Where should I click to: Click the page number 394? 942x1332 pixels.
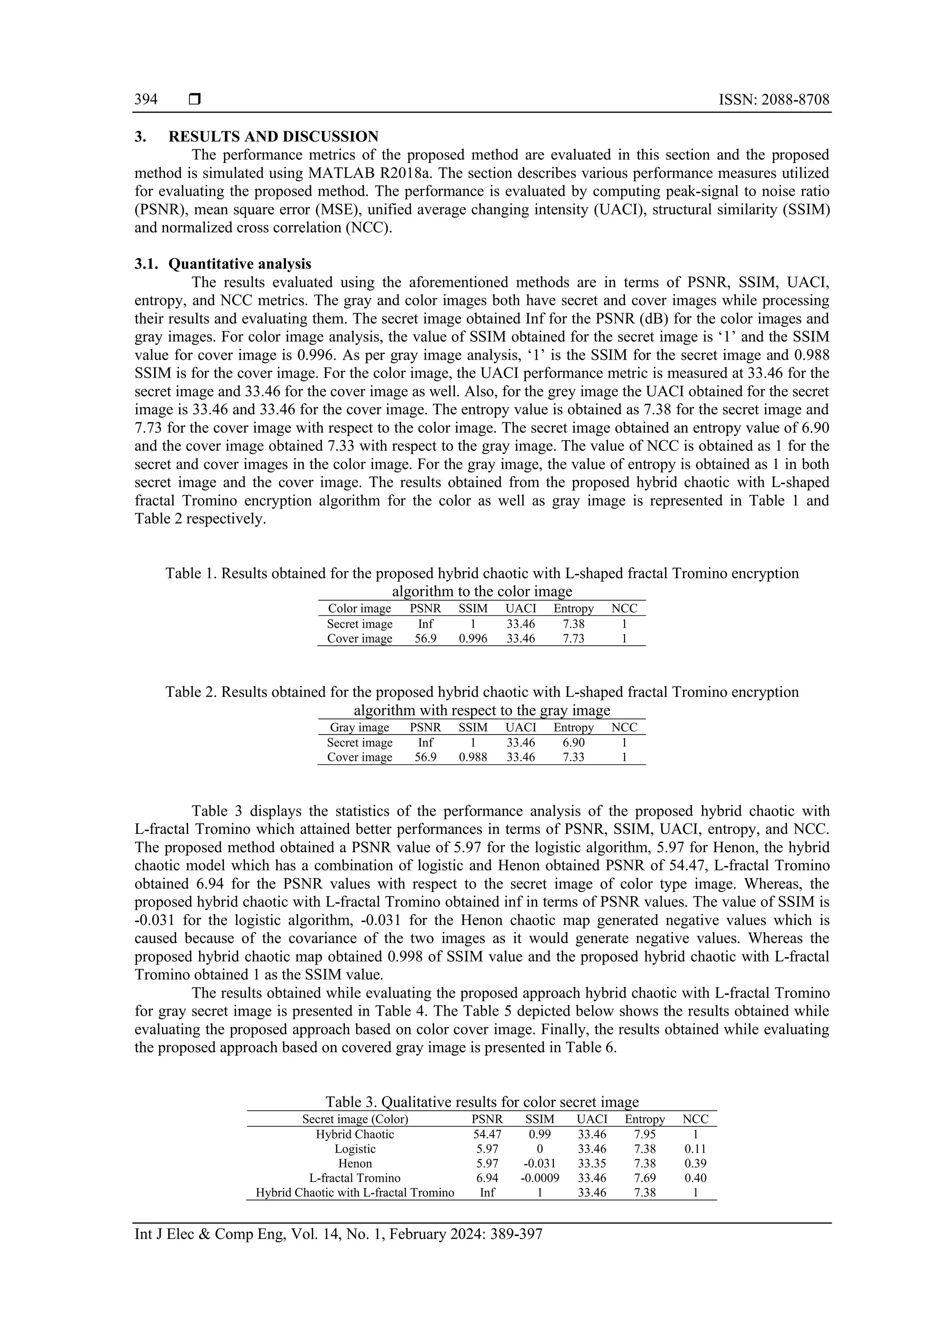[146, 99]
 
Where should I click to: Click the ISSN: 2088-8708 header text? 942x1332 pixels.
[774, 99]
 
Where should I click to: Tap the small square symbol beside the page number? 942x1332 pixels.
[195, 100]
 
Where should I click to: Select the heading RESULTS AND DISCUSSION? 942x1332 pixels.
[273, 137]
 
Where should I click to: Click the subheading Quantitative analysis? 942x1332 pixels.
[240, 264]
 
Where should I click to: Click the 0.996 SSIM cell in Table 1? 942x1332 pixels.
[473, 639]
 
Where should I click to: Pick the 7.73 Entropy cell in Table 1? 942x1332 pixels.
[573, 639]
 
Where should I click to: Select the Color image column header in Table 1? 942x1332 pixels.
[359, 609]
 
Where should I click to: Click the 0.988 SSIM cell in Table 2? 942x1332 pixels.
[473, 757]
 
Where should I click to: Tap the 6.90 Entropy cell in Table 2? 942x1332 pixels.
[573, 742]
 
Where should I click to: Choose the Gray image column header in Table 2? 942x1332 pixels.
[359, 728]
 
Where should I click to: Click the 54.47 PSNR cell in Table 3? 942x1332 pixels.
[487, 1134]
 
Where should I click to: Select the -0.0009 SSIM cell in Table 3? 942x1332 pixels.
[540, 1177]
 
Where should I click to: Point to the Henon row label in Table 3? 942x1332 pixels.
[355, 1163]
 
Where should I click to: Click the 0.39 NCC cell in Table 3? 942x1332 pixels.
[695, 1163]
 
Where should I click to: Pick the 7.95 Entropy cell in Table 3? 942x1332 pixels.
[645, 1134]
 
